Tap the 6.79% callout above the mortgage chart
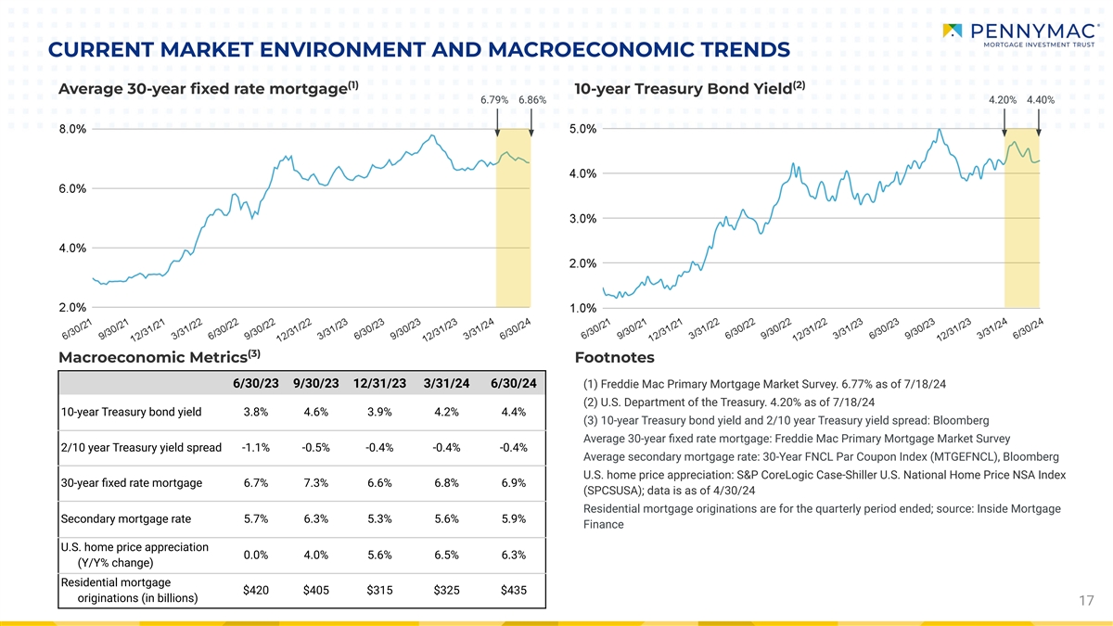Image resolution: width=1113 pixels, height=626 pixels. pyautogui.click(x=495, y=100)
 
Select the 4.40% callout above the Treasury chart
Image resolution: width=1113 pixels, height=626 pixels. pyautogui.click(x=1041, y=100)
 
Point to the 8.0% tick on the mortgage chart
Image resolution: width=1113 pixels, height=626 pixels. pyautogui.click(x=73, y=130)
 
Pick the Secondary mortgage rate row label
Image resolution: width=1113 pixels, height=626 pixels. pyautogui.click(x=125, y=519)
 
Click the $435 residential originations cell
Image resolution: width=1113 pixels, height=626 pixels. pyautogui.click(x=513, y=590)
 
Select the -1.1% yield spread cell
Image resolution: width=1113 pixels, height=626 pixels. pyautogui.click(x=256, y=448)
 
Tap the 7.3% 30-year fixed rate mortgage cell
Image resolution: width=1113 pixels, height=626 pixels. pyautogui.click(x=315, y=483)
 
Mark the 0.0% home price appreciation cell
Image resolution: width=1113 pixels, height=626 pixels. pyautogui.click(x=256, y=555)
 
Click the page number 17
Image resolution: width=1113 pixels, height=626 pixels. pyautogui.click(x=1087, y=602)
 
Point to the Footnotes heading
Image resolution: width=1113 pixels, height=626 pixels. pyautogui.click(x=614, y=358)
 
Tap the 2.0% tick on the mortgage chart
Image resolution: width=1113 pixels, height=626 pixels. pyautogui.click(x=73, y=308)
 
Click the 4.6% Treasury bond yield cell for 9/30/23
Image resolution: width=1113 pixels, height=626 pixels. pyautogui.click(x=315, y=413)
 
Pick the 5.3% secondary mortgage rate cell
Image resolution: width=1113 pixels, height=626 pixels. pyautogui.click(x=379, y=519)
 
